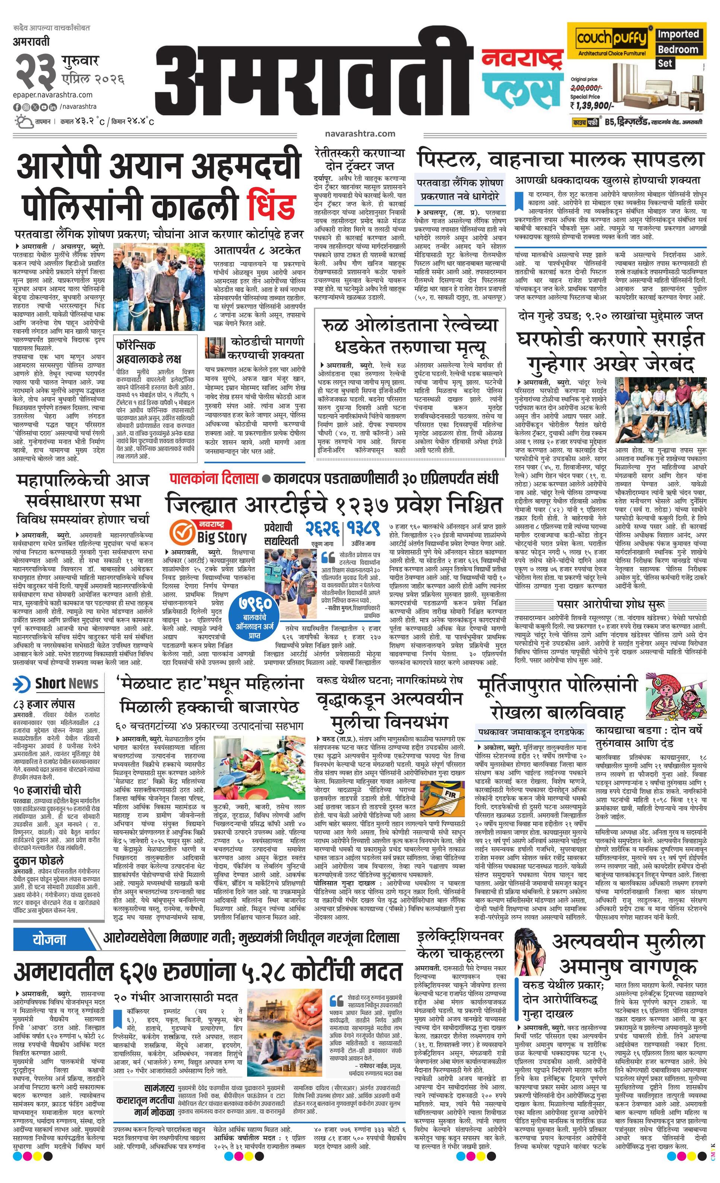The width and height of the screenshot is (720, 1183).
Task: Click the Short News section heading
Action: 58,683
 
